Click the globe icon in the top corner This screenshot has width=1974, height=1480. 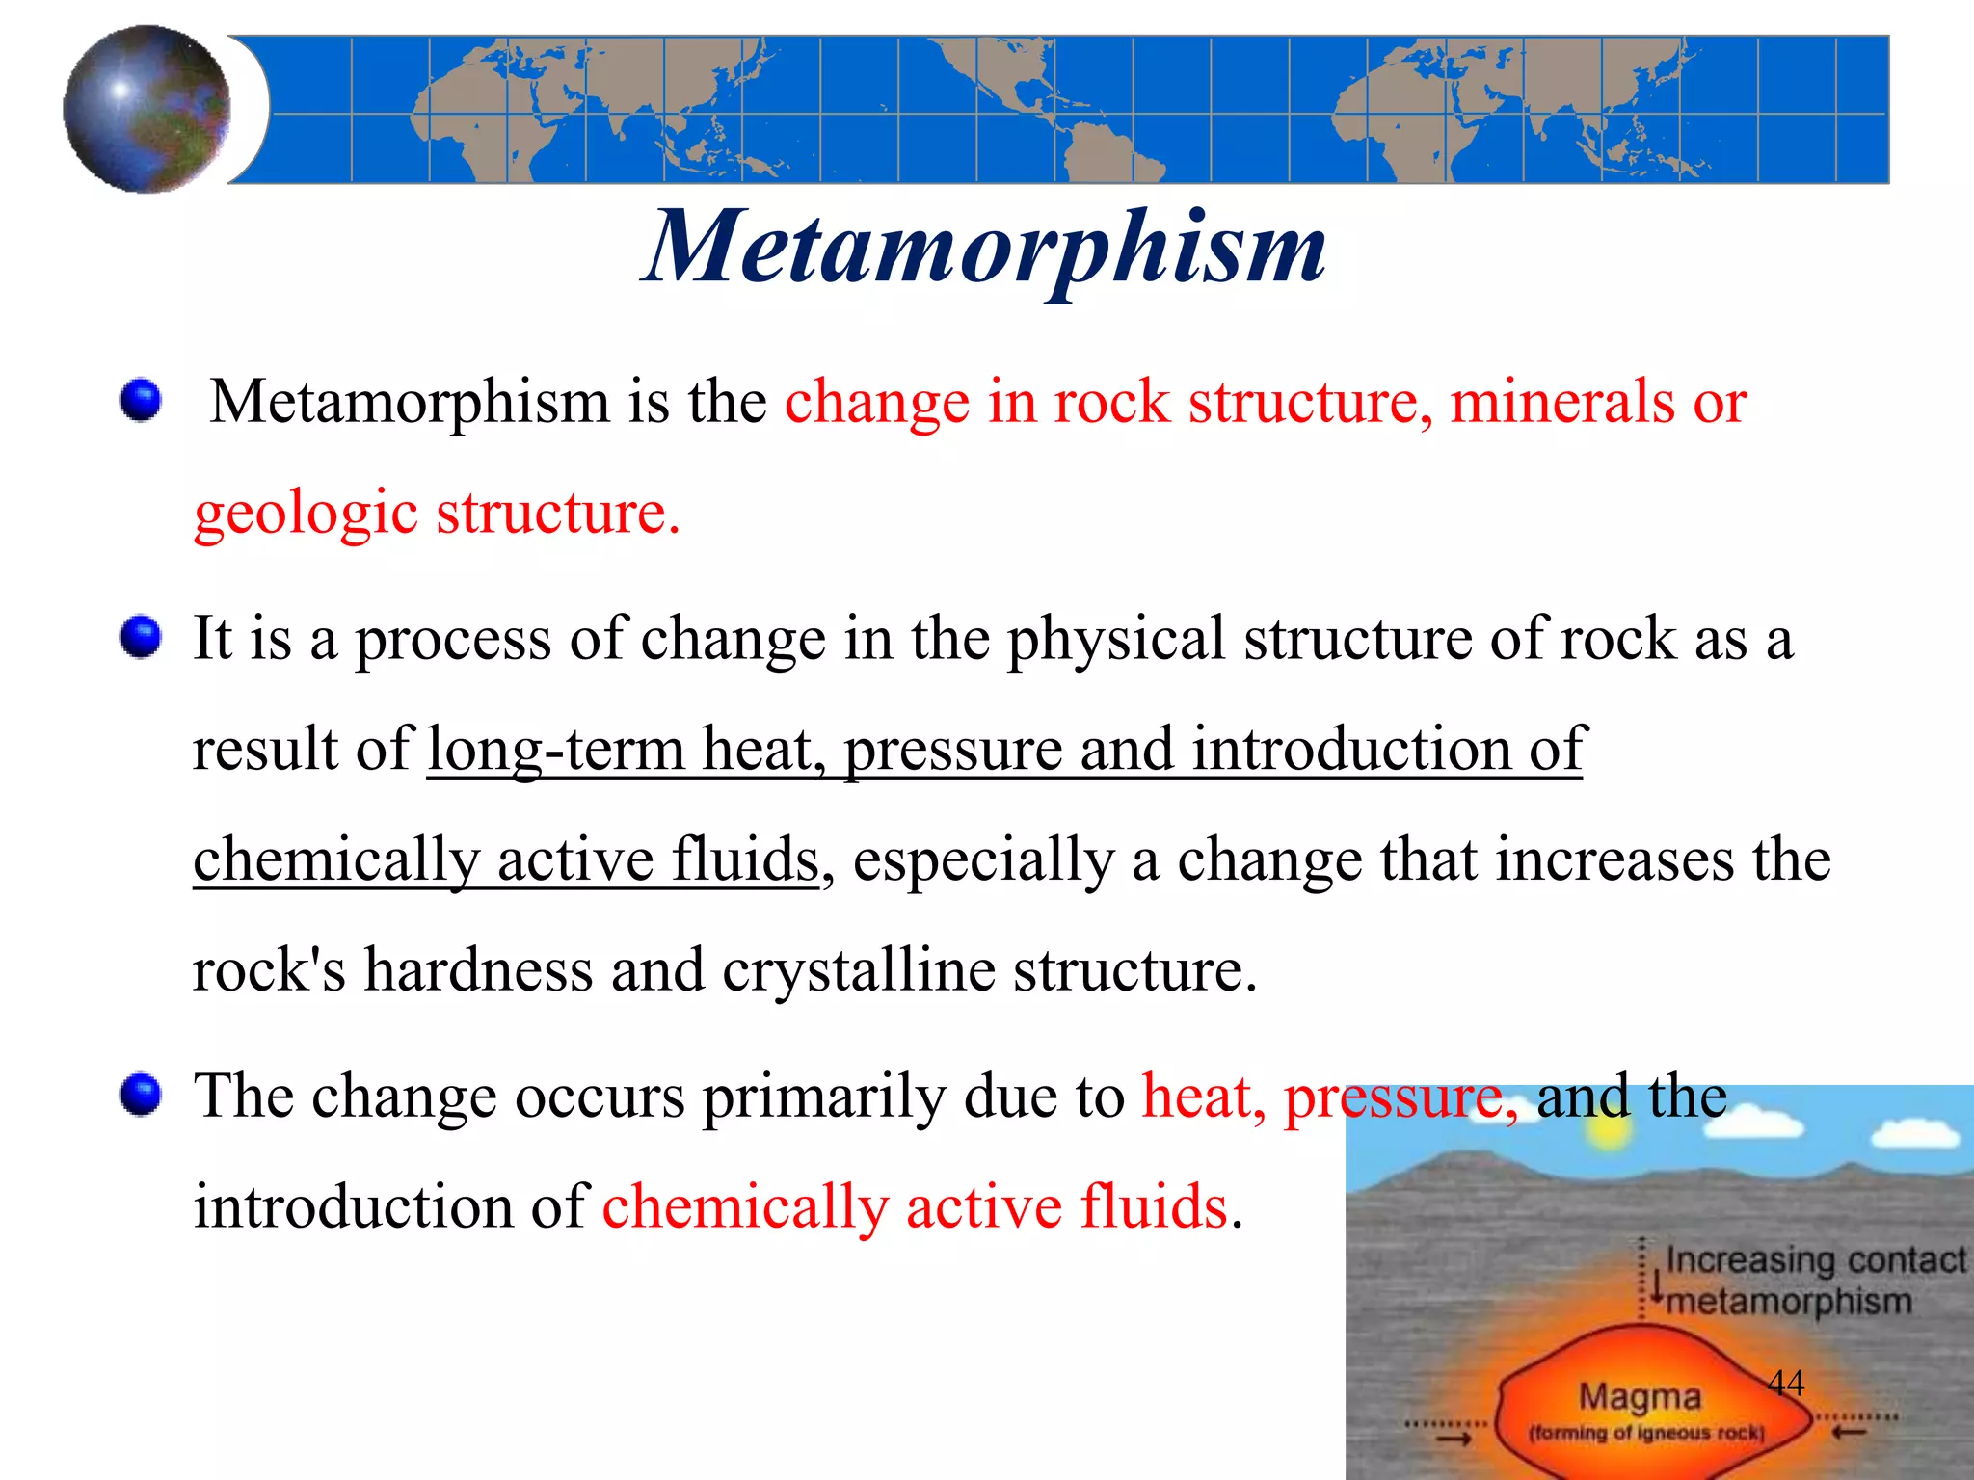click(x=147, y=108)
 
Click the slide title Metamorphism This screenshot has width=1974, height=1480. click(x=985, y=249)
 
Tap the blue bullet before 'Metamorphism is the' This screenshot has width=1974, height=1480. click(x=141, y=399)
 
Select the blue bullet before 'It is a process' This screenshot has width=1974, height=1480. click(x=141, y=637)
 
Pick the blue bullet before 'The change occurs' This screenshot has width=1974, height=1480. click(x=141, y=1095)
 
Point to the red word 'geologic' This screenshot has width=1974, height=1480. click(x=306, y=513)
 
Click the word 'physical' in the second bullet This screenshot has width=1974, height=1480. click(x=1115, y=639)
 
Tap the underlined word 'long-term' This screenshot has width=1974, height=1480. click(x=555, y=749)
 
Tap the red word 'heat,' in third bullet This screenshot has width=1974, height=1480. click(x=1203, y=1097)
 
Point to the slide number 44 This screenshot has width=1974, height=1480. click(x=1785, y=1383)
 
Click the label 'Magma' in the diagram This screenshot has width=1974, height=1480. click(x=1640, y=1396)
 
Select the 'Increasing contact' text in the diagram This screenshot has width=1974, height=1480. click(x=1815, y=1259)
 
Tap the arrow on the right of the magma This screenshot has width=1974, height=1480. click(x=1848, y=1433)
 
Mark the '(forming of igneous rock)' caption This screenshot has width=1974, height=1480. click(x=1645, y=1433)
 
